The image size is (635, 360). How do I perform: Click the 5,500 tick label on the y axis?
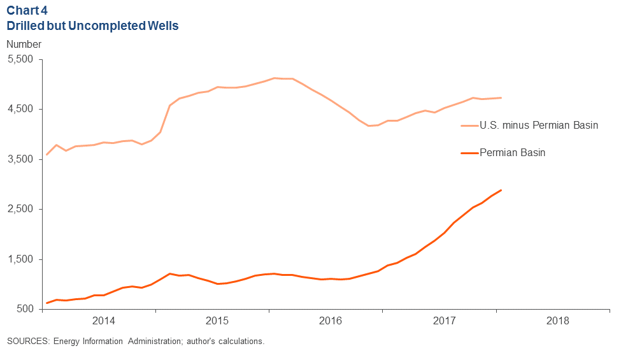23,59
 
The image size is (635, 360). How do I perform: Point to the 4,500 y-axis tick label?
23,109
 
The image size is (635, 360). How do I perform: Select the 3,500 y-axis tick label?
23,159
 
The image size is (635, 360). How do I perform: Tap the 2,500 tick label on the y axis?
23,209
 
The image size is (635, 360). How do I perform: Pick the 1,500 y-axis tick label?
23,259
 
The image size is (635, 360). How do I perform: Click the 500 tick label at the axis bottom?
28,309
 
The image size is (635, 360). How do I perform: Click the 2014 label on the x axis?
103,319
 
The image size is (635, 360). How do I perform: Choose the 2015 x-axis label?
217,319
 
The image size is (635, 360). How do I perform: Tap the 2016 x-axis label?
331,319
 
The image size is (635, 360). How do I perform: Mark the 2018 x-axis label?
558,319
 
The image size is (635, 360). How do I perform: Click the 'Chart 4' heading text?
26,11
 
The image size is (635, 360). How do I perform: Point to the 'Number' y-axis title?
24,45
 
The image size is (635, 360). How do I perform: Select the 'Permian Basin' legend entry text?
513,153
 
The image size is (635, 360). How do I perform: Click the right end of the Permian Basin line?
501,190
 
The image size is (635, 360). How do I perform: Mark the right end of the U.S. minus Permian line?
501,97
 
